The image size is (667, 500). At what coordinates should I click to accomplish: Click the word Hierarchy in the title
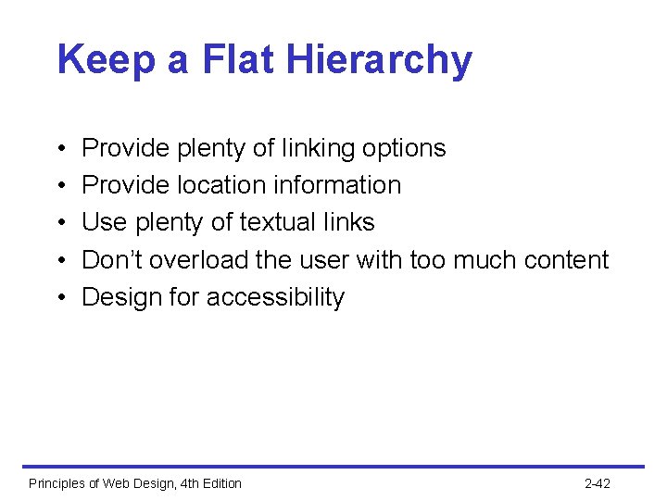(379, 61)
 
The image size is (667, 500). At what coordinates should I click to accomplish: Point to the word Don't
(112, 260)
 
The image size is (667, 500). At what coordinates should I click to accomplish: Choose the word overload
(199, 260)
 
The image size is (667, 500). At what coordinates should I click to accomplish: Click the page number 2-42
(598, 483)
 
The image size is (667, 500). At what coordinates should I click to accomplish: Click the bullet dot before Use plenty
(59, 223)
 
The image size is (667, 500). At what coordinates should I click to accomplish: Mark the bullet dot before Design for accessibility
(59, 298)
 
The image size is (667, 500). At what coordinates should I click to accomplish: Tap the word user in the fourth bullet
(321, 260)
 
